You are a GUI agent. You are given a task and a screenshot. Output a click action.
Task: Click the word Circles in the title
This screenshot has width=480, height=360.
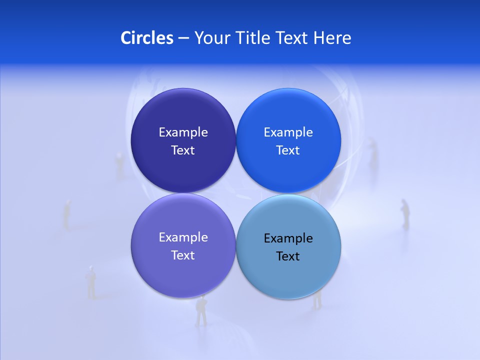click(x=147, y=38)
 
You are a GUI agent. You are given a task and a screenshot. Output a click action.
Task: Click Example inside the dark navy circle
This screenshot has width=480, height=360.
click(x=183, y=132)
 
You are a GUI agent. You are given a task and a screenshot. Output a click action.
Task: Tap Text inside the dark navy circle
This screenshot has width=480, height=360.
click(x=183, y=150)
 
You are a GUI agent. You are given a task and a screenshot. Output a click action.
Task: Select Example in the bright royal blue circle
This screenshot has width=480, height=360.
click(x=288, y=132)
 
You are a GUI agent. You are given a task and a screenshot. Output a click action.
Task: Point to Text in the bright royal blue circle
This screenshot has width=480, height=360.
click(x=288, y=150)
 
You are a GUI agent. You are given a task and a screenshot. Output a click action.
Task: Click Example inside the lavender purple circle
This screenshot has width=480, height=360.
click(x=183, y=237)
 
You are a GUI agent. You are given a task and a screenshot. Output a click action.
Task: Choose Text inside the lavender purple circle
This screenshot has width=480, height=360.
click(x=183, y=255)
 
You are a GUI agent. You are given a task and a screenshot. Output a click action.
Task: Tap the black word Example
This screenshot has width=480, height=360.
click(x=288, y=238)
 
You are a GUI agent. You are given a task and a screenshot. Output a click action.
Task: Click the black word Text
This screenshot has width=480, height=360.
click(x=288, y=256)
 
